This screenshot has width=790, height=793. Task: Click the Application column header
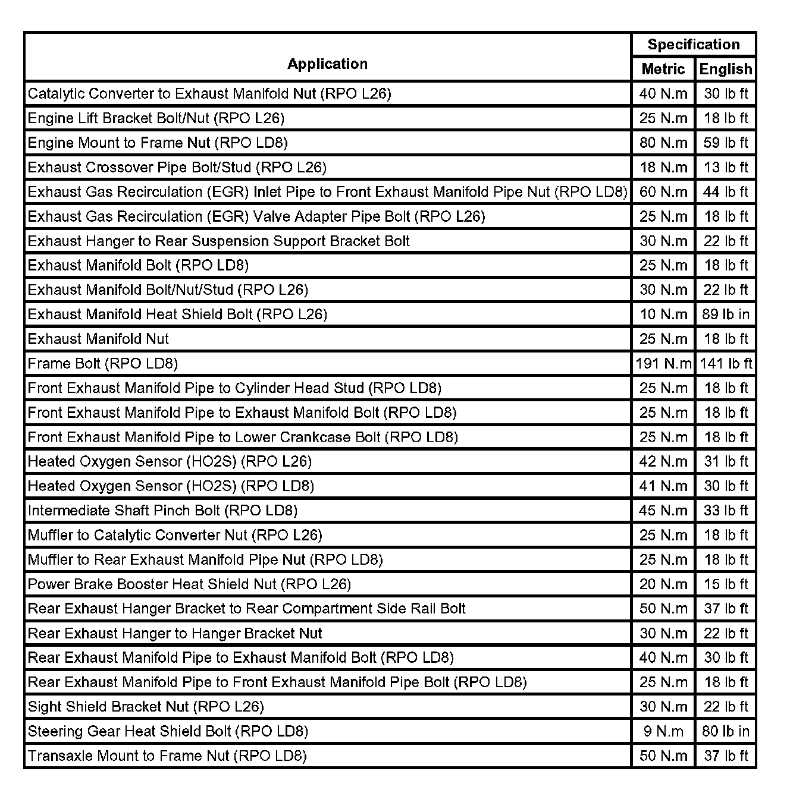pos(327,64)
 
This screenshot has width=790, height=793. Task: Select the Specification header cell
pos(693,45)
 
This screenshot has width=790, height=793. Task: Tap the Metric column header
pos(663,70)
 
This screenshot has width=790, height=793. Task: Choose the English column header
pos(725,70)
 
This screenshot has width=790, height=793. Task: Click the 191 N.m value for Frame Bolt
pos(663,363)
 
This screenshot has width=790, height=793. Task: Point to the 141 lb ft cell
pos(725,363)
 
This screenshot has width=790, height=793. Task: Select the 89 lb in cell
pos(725,314)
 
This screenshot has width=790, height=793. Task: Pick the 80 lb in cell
pos(725,731)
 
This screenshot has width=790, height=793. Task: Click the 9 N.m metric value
pos(663,731)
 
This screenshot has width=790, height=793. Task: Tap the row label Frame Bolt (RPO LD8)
pos(103,363)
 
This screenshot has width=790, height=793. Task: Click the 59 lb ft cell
pos(725,143)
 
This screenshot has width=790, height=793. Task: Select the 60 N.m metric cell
pos(663,192)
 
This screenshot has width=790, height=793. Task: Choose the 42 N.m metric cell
pos(663,461)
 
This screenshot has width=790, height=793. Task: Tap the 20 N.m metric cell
pos(663,584)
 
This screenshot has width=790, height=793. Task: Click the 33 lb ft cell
pos(725,511)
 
